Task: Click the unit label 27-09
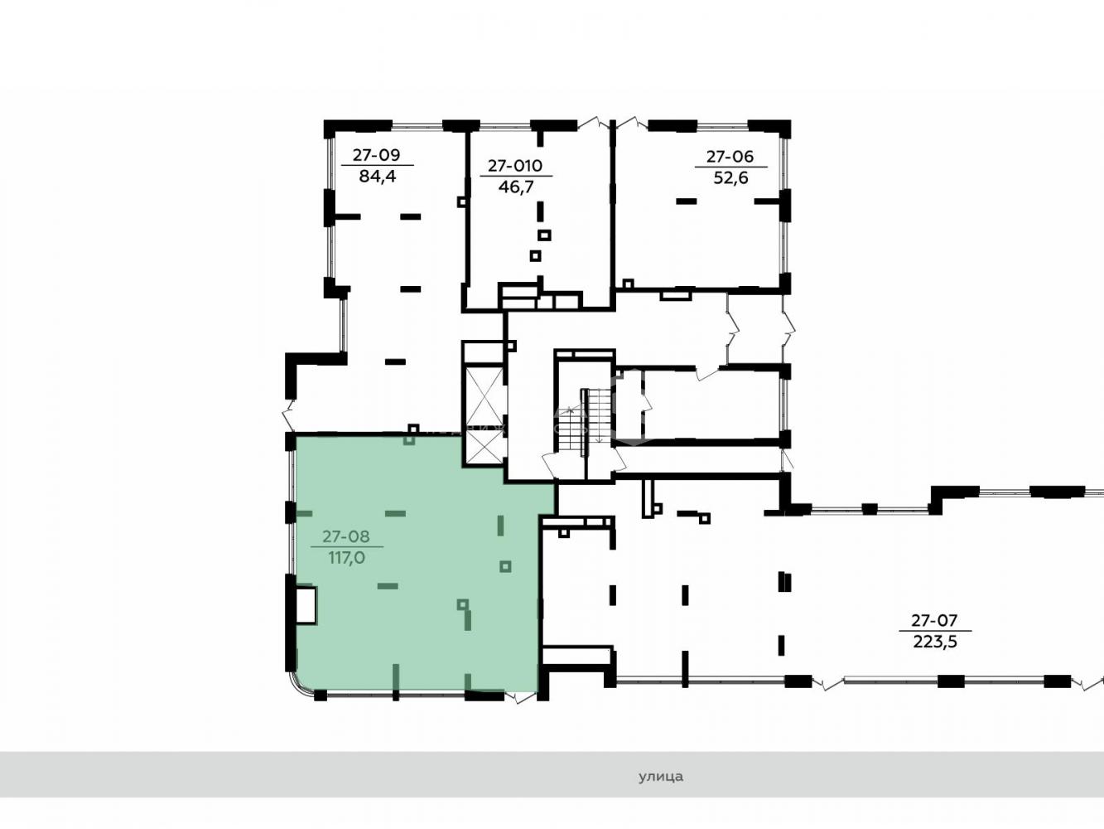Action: pos(376,155)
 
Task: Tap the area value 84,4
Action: pos(377,177)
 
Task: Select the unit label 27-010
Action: pos(515,166)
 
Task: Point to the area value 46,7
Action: pos(516,187)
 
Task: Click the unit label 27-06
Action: pos(730,157)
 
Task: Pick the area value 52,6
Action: pos(731,177)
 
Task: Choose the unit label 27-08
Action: pos(346,536)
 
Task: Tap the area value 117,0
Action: pos(347,558)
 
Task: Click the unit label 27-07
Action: pos(934,621)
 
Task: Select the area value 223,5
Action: pos(934,642)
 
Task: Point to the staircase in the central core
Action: pos(585,421)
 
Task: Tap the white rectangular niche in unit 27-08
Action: pos(306,605)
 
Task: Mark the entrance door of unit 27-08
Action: pos(520,697)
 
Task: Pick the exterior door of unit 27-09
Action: pos(289,416)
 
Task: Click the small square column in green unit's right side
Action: pos(505,567)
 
